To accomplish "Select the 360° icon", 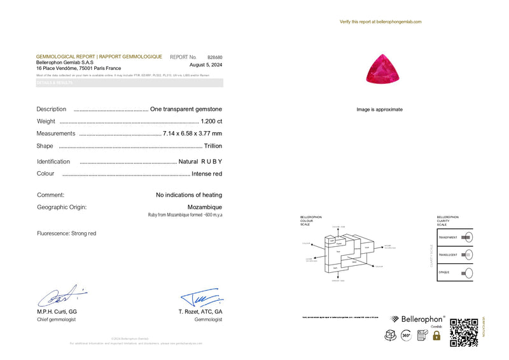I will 406,335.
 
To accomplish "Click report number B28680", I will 214,57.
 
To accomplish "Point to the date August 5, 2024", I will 206,65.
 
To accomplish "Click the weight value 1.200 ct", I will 211,121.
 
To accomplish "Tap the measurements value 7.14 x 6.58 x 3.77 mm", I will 192,134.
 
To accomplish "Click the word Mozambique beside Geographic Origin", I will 204,207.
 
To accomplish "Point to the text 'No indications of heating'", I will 189,195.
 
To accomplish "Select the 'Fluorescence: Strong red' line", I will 66,233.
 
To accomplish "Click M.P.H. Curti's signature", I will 60,296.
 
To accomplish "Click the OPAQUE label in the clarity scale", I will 443,272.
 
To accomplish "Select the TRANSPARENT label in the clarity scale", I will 447,237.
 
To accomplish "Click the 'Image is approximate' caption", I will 379,109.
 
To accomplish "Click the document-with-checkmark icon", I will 422,335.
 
